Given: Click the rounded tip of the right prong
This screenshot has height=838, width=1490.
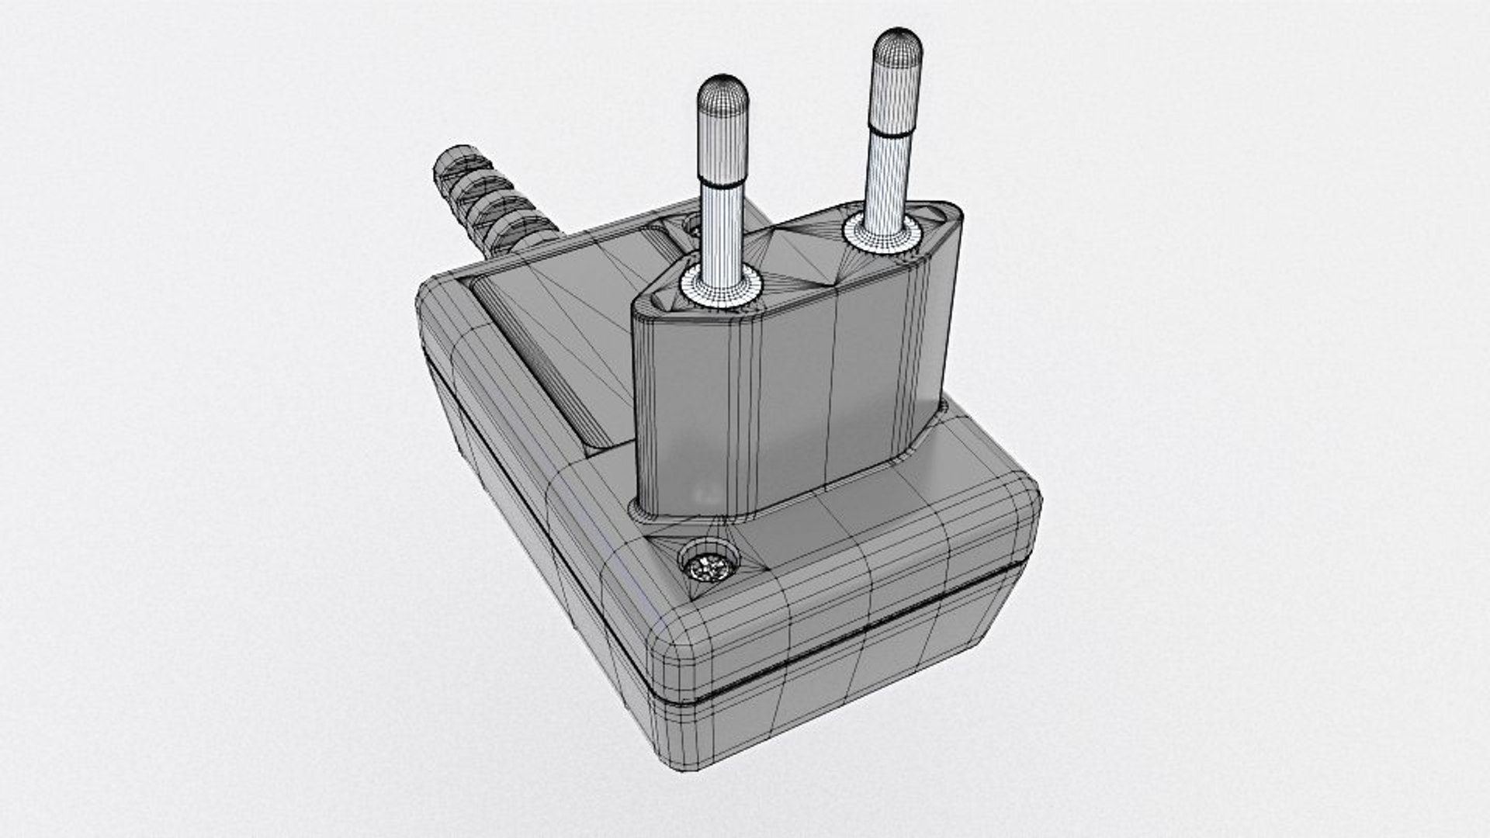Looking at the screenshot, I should pyautogui.click(x=898, y=42).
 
